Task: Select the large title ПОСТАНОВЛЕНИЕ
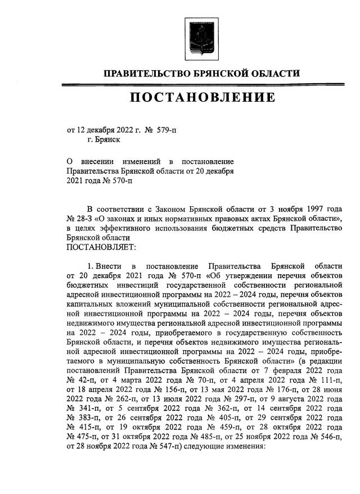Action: (203, 97)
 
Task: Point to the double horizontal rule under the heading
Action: (203, 85)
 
